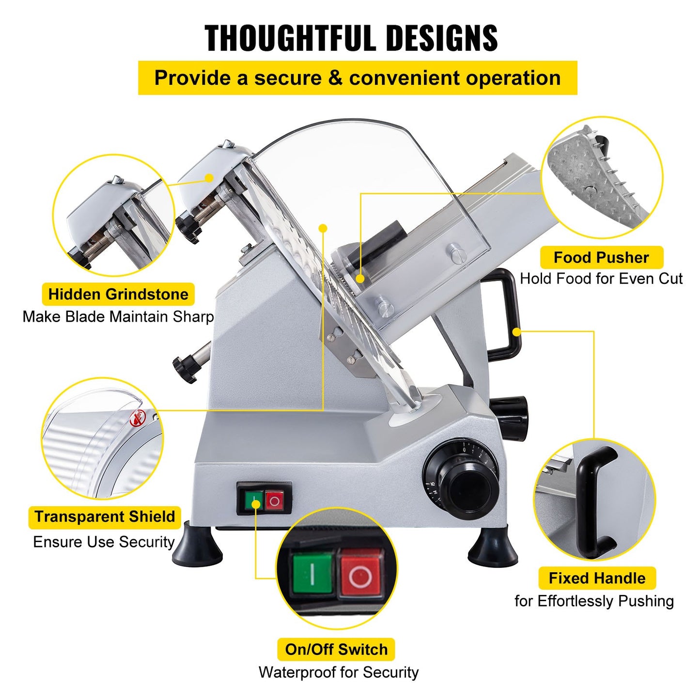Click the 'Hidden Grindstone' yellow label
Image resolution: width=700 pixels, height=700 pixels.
[x=118, y=295]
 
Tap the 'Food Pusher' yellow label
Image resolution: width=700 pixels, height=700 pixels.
[x=601, y=257]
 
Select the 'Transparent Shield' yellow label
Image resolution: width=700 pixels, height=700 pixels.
[x=105, y=516]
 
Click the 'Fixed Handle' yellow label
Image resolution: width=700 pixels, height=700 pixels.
[x=597, y=578]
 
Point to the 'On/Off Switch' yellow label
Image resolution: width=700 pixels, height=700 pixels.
[x=336, y=649]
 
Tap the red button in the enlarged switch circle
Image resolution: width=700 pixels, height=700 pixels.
[x=361, y=575]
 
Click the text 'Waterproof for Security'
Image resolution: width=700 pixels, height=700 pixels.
[x=338, y=672]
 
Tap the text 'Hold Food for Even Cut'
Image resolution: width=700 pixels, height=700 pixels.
[x=601, y=279]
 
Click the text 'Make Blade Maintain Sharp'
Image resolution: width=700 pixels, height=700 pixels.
[x=118, y=317]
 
